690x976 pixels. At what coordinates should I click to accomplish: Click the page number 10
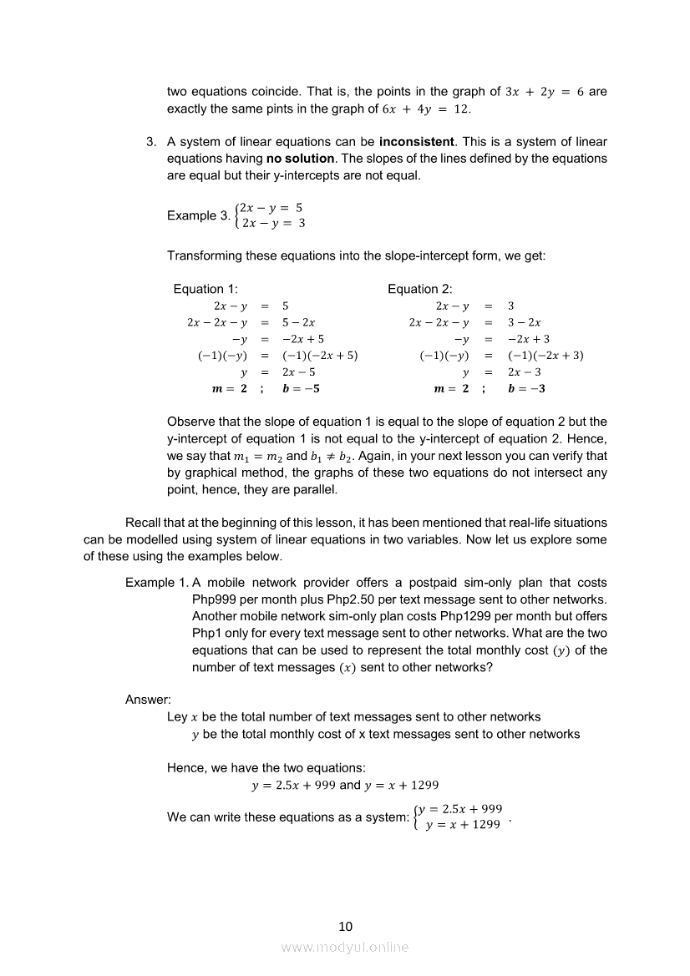click(x=345, y=926)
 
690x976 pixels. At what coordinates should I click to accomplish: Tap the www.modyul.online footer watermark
click(x=345, y=947)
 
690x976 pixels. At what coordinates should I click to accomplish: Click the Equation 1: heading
click(x=205, y=289)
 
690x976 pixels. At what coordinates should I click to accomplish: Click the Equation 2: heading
click(x=419, y=289)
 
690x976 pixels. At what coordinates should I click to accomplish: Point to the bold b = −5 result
click(x=302, y=388)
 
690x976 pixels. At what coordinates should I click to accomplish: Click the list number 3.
click(x=151, y=141)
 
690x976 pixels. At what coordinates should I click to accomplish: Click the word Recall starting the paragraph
click(x=143, y=523)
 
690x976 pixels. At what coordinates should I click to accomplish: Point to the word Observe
click(x=192, y=422)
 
